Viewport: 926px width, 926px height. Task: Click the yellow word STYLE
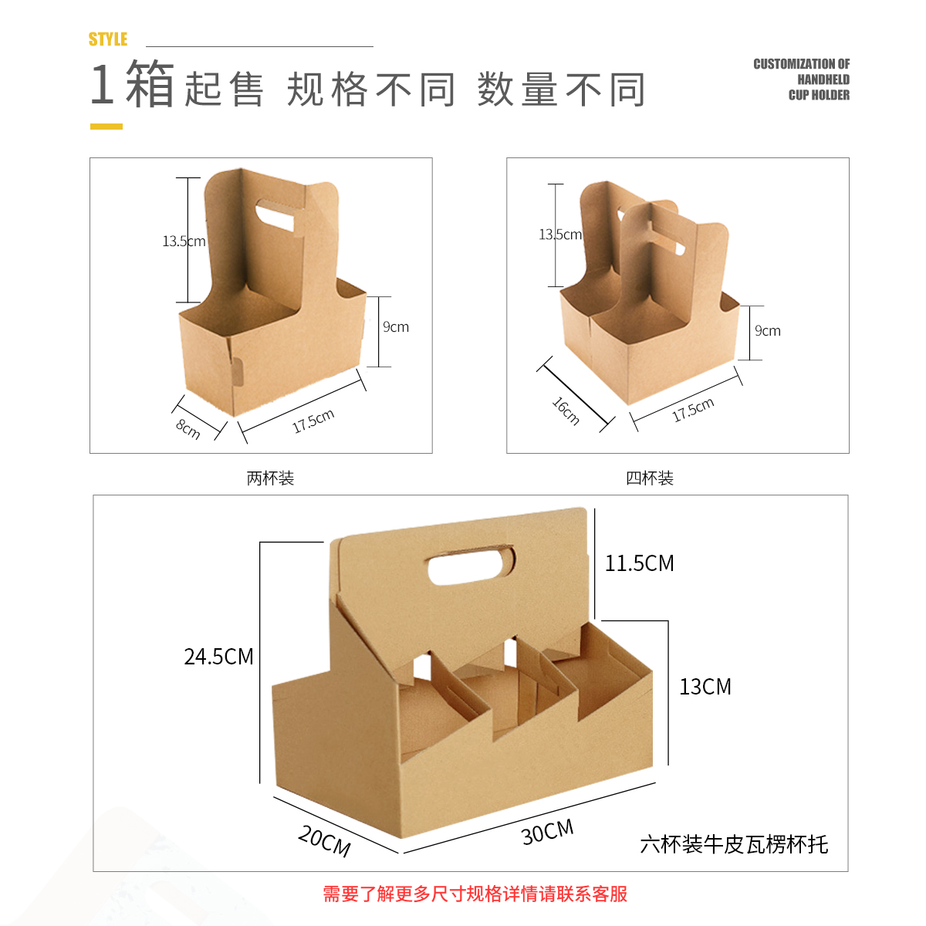point(107,39)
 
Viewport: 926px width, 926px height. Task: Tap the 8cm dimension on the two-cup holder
point(188,428)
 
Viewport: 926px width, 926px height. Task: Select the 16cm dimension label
point(566,411)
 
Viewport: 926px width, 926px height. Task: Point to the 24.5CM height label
point(218,657)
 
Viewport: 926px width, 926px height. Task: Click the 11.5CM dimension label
point(639,563)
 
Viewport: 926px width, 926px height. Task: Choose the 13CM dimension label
point(705,687)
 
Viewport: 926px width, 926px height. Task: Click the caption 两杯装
point(270,478)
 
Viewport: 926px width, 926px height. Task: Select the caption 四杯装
point(650,478)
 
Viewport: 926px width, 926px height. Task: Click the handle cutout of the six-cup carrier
point(471,565)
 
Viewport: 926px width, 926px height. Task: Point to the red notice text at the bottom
point(475,894)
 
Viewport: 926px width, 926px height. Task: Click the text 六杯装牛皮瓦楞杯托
point(734,845)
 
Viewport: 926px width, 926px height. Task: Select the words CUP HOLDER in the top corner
point(819,95)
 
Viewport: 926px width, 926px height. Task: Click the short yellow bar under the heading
point(106,127)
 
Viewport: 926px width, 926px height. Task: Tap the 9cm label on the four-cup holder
point(767,330)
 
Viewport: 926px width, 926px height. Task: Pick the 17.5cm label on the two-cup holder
point(313,421)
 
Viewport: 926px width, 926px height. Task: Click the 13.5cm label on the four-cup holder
point(560,235)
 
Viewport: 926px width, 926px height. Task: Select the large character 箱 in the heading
point(150,83)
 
